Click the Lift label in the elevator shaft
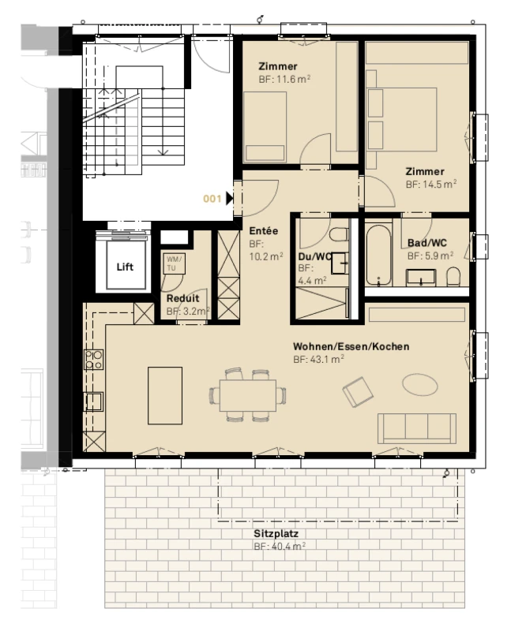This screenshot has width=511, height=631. coord(125,267)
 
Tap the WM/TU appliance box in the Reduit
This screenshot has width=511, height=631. coord(174,263)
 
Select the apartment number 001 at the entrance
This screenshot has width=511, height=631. coord(212,199)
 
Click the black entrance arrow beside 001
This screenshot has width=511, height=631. coord(230,199)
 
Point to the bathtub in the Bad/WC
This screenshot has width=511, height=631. coord(379,255)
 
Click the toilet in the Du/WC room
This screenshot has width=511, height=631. coord(339,234)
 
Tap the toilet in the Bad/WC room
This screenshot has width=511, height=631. coord(453,277)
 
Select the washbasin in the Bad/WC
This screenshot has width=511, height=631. coord(421,278)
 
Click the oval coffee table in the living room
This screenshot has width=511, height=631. coord(419,385)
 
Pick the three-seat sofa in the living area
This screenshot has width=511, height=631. coord(417,428)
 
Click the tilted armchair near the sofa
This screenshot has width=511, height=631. coord(358,391)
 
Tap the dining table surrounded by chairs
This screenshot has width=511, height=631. coord(248,395)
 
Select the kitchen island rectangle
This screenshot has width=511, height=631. coord(165,395)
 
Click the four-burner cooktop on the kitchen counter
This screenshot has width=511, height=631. coord(93,360)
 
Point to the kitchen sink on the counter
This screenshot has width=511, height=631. coord(93,401)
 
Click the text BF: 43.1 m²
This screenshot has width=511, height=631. coord(318,359)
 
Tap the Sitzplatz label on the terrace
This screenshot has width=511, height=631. coord(276,534)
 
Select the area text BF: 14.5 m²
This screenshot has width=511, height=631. coord(430,185)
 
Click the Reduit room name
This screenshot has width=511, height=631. coord(182,298)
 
